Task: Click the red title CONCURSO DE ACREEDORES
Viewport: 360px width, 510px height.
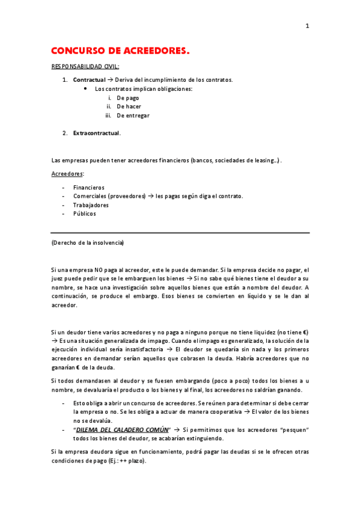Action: point(120,52)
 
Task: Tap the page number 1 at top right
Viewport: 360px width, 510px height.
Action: point(307,26)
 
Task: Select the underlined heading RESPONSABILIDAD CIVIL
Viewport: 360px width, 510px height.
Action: point(85,66)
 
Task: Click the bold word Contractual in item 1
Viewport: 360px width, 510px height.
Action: point(88,80)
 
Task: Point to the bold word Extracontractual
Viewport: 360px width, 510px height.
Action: point(96,133)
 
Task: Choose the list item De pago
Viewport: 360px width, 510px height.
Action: point(128,97)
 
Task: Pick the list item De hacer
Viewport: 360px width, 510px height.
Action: point(129,106)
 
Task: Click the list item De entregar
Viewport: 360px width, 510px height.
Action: point(133,115)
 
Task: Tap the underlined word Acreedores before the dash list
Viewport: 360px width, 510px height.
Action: point(67,174)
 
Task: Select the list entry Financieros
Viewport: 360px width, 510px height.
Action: point(88,188)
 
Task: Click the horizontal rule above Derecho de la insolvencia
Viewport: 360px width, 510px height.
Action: point(180,233)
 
